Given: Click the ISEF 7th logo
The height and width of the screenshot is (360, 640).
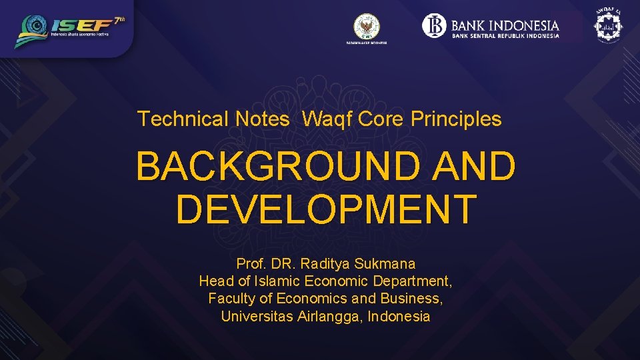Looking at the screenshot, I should pyautogui.click(x=70, y=30).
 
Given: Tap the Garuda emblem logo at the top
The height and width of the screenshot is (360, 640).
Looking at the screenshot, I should pyautogui.click(x=366, y=26).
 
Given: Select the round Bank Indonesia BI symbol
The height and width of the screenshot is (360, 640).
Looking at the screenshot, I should pyautogui.click(x=434, y=26).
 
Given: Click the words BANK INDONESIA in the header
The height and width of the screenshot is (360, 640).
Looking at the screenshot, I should pyautogui.click(x=505, y=25).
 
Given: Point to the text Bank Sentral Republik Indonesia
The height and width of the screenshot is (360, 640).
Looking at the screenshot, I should pyautogui.click(x=505, y=36).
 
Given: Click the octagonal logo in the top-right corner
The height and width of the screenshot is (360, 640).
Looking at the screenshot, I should pyautogui.click(x=607, y=27).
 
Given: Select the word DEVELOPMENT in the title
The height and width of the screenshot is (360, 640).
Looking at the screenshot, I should pyautogui.click(x=326, y=209).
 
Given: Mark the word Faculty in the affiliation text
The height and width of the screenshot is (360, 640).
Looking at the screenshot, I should pyautogui.click(x=231, y=299).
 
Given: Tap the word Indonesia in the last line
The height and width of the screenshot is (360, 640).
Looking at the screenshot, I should pyautogui.click(x=399, y=316).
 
